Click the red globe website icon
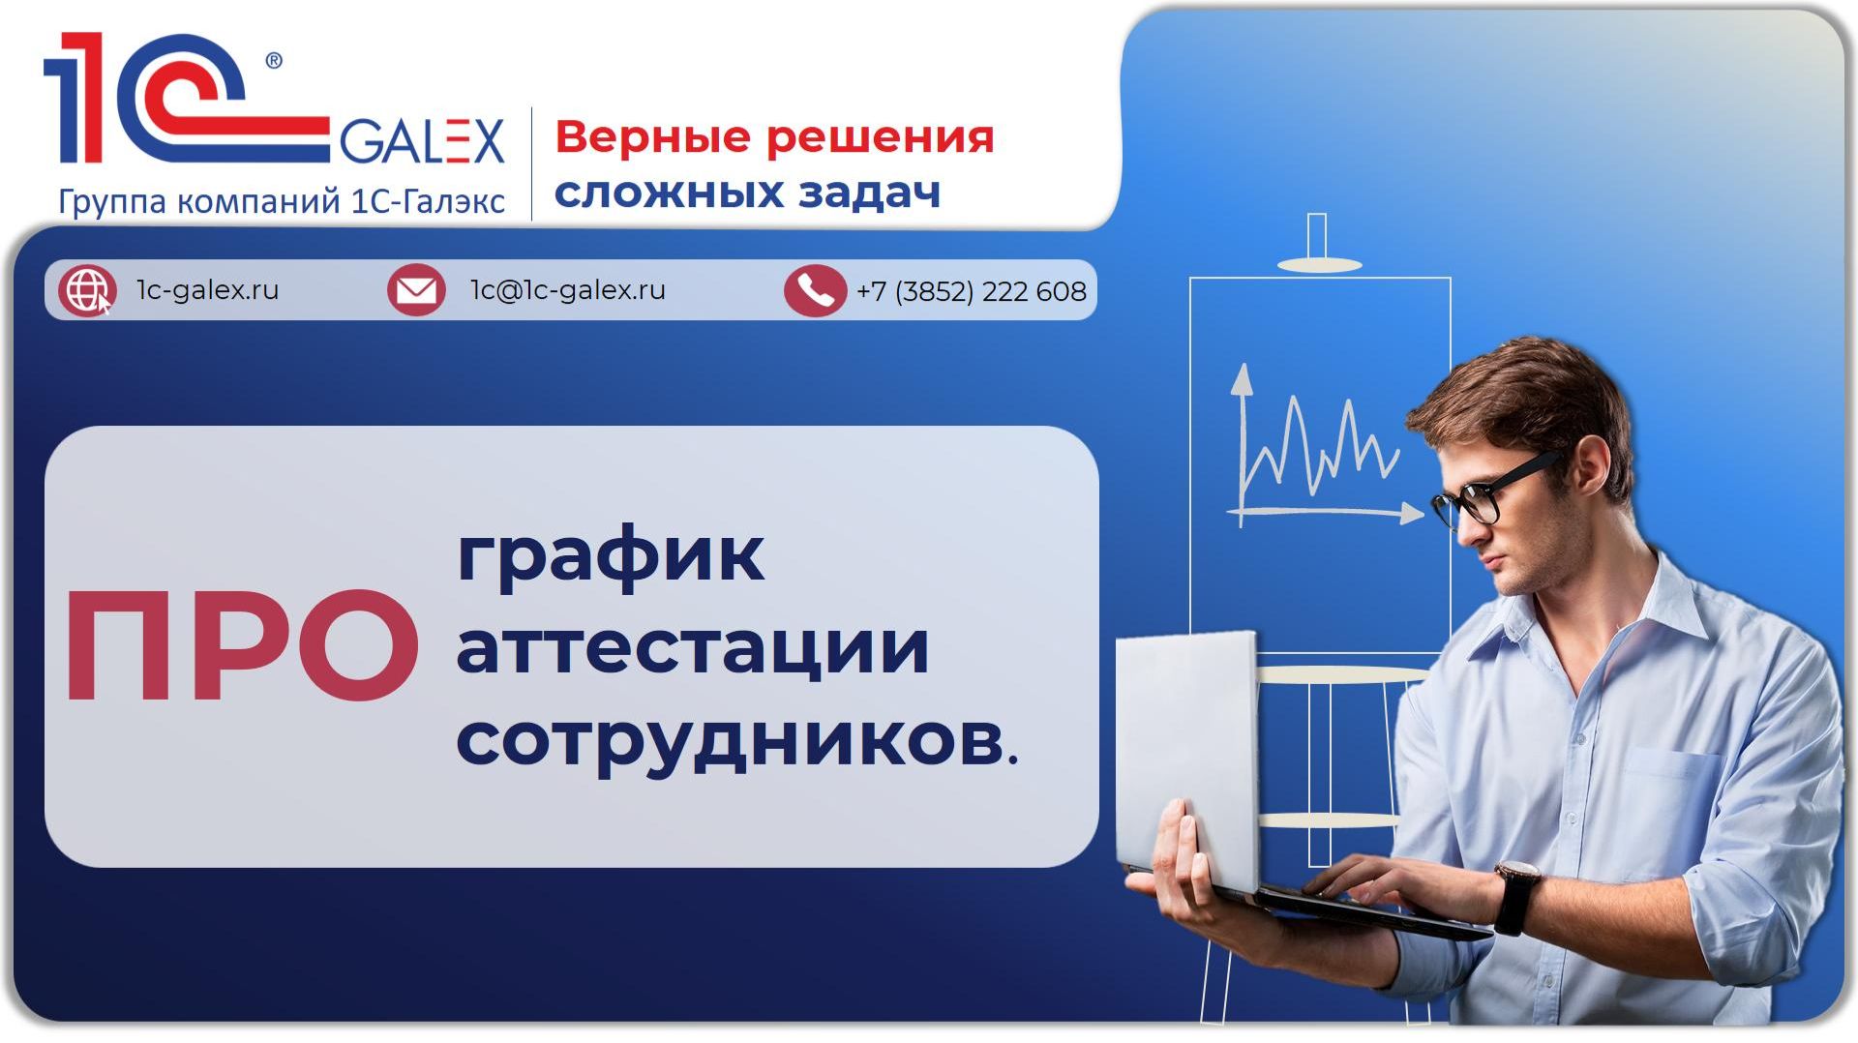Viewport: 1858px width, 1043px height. pos(87,289)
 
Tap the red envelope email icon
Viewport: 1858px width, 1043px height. pos(416,289)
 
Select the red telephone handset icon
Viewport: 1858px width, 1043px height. pos(815,290)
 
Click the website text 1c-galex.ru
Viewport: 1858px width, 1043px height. pos(207,289)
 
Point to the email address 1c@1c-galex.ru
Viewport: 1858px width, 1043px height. pos(567,289)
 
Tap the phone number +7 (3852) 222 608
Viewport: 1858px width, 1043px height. pos(971,291)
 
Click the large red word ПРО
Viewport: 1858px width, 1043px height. pos(242,646)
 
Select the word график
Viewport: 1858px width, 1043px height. pos(611,555)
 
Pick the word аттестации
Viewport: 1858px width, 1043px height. pos(693,647)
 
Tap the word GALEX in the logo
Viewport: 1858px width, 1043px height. pos(422,141)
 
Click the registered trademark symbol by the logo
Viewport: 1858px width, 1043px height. pos(274,61)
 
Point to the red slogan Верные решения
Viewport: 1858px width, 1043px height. pos(774,137)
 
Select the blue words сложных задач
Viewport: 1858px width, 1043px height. pos(747,192)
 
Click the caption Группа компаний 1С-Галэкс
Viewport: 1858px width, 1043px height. pos(282,201)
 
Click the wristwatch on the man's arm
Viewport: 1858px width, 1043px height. pos(1516,894)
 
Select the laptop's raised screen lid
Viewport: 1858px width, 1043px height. pos(1187,760)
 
